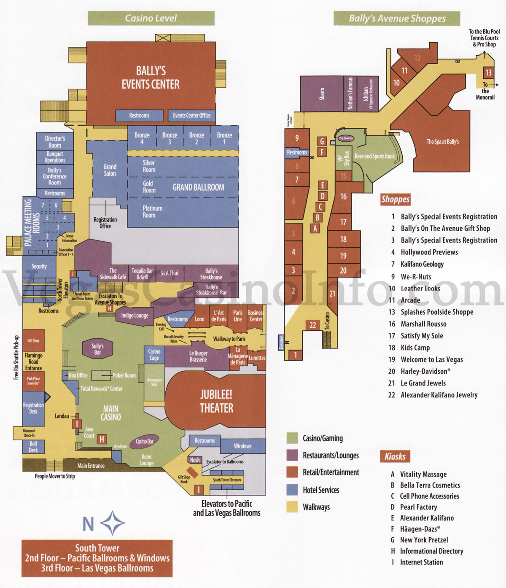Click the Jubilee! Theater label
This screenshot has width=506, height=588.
pos(216,401)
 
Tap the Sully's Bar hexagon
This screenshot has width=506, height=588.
pos(97,349)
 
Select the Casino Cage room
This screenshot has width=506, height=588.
pos(154,355)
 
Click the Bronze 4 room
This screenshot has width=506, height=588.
pos(142,138)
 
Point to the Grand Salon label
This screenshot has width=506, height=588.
pos(110,170)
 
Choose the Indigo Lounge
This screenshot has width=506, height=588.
pos(135,316)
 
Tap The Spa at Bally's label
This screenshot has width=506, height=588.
pos(442,142)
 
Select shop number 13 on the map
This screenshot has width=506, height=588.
pos(488,73)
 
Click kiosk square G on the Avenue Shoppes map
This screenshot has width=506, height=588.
pos(322,141)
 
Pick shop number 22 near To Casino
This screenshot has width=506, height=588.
pos(312,325)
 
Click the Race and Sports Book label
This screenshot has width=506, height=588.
pos(374,156)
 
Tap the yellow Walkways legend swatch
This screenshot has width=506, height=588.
pos(292,507)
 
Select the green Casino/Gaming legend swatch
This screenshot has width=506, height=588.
pos(292,438)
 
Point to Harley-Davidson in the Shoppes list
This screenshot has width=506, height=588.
pos(425,371)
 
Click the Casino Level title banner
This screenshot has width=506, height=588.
pos(151,18)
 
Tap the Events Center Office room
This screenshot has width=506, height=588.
pos(191,116)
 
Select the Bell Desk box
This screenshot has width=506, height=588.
pos(33,447)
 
